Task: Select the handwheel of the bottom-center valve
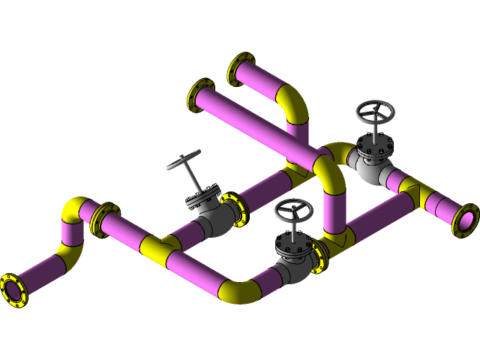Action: (293, 211)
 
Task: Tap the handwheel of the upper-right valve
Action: (374, 114)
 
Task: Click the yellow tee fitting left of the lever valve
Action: (160, 247)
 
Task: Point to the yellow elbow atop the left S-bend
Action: (76, 208)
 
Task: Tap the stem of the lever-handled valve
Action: (193, 181)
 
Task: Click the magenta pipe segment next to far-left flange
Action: (41, 271)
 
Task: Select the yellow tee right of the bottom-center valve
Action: (338, 240)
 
